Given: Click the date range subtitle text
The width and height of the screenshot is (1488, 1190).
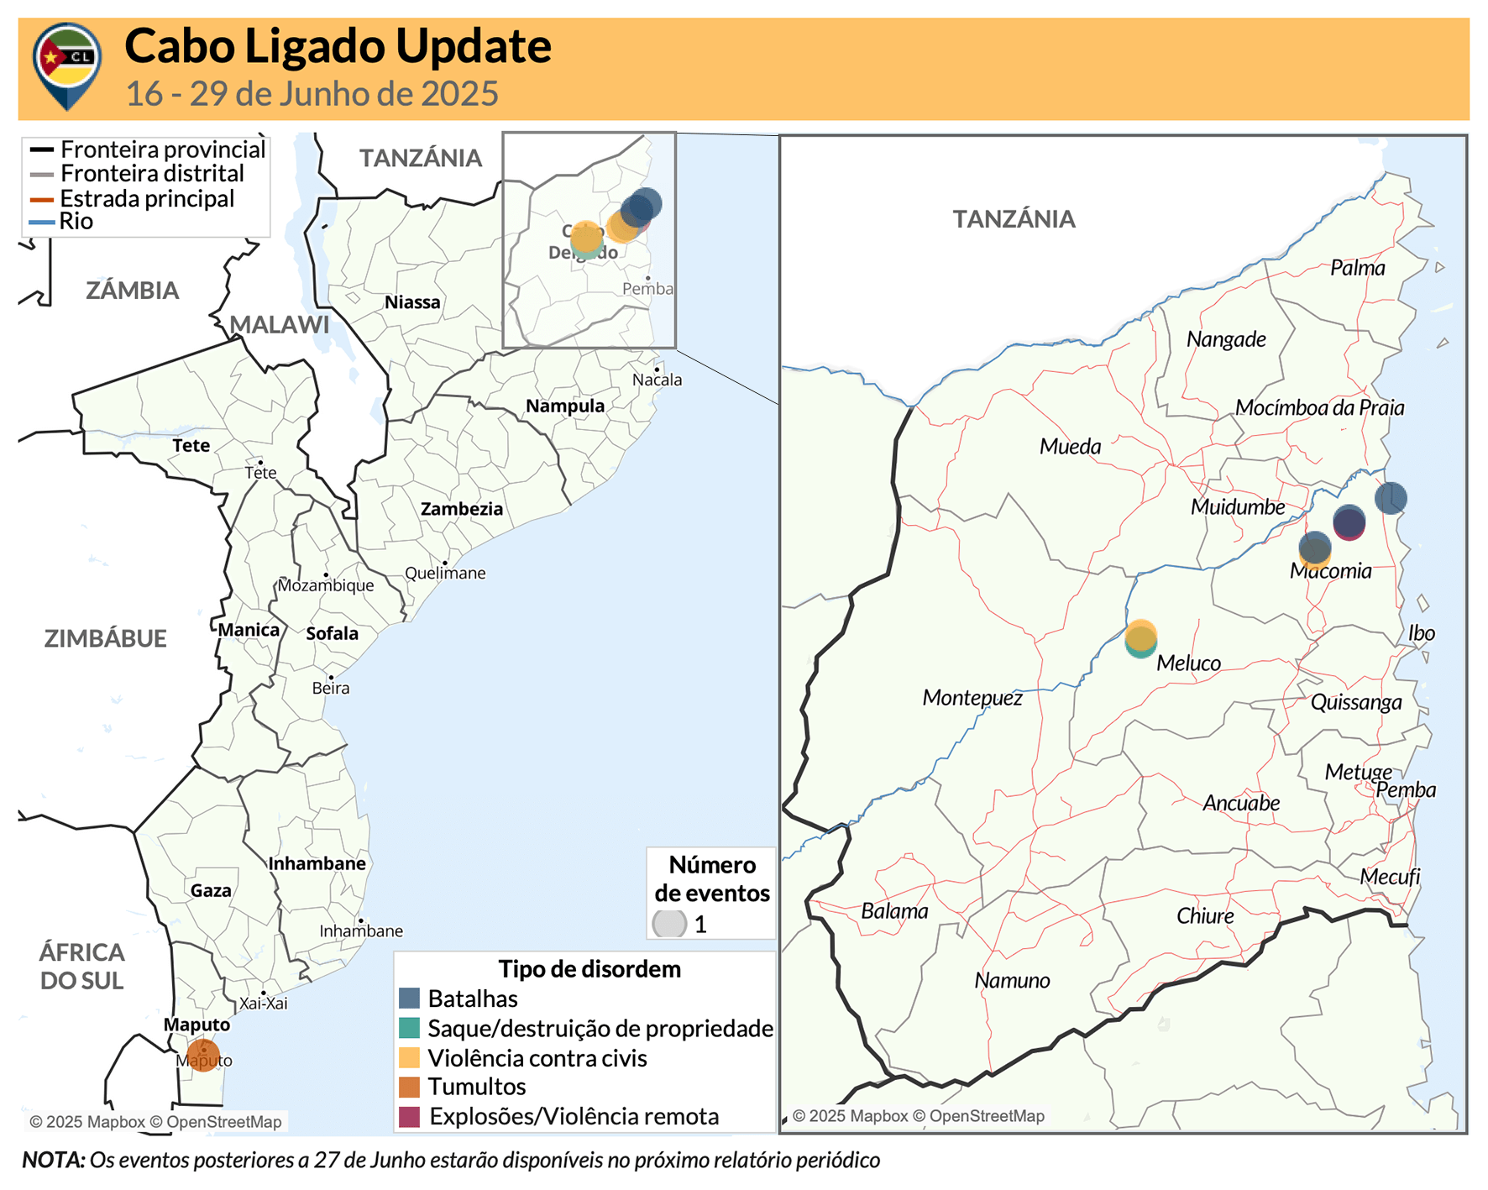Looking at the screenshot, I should pos(312,94).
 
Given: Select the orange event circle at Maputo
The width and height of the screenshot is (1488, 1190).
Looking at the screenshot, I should pos(203,1055).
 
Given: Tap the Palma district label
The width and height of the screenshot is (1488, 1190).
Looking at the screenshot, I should pos(1357,268).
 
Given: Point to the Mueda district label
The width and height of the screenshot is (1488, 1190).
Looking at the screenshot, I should pos(1070,447).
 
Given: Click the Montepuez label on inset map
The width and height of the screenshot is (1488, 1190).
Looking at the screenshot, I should pos(972,698).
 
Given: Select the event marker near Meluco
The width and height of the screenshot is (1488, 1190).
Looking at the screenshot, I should pos(1140,639).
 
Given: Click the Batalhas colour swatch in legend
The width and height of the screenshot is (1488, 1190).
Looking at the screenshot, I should pos(409,999).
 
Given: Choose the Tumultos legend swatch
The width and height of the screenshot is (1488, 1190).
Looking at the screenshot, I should pos(409,1087).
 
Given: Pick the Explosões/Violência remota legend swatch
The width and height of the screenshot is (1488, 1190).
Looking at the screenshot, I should pos(409,1117).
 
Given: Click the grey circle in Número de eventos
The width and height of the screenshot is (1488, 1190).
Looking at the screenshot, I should pos(669,924).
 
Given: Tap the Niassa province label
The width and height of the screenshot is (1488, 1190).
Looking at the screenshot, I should pos(412,302).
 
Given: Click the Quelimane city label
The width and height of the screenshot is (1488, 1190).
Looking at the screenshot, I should pos(445,574).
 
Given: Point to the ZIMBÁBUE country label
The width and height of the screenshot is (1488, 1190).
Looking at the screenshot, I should pos(105,638).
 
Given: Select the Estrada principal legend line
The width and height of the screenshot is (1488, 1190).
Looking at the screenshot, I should pos(42,200).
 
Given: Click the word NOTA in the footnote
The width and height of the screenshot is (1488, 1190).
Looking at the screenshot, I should pos(53,1161).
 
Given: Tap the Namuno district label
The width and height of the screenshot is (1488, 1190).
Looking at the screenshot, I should pos(1012,981).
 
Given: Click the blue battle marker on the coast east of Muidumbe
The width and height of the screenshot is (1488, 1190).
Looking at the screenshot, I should pos(1390,498).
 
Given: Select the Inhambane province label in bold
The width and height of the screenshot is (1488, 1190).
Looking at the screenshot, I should pos(317,863).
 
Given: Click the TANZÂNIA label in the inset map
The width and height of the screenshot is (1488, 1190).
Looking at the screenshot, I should pos(1013,219).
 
